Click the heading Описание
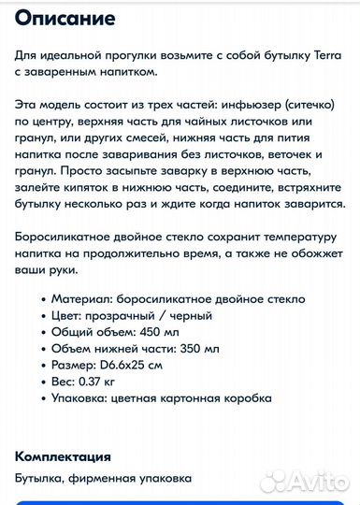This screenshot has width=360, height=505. point(65,18)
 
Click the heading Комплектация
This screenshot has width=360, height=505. point(63,456)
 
